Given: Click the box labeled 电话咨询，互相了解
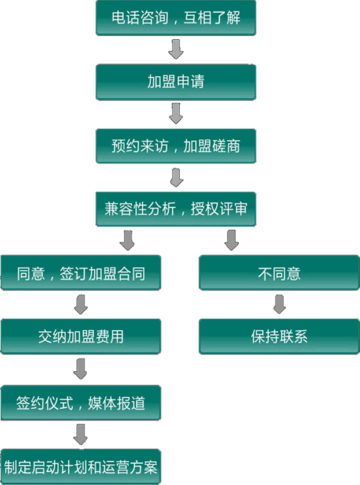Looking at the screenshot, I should tap(176, 18).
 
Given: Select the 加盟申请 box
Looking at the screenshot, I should tap(176, 82).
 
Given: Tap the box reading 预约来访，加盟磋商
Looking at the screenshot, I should tap(176, 145).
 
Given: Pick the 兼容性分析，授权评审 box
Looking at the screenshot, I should tap(176, 209).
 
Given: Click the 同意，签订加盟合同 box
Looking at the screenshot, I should tap(81, 273).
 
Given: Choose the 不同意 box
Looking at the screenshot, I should tap(279, 273).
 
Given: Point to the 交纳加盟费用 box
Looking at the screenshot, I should tap(81, 337).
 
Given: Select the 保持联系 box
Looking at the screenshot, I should tap(279, 337).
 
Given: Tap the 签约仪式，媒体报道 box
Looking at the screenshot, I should tap(81, 402).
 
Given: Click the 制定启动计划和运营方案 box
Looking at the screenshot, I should tap(81, 466).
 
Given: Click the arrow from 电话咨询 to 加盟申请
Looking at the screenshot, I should tap(176, 50).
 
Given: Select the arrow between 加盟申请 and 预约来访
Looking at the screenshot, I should tap(176, 113).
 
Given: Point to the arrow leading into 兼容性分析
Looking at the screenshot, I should tap(176, 177).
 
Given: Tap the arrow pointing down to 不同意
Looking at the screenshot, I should tap(232, 240).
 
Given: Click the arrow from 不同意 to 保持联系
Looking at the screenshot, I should tap(279, 304).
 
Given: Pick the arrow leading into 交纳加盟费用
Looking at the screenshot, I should tap(81, 304).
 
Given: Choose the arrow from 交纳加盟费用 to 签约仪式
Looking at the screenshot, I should tap(81, 369).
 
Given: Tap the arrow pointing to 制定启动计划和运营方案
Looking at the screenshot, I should tap(81, 434).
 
